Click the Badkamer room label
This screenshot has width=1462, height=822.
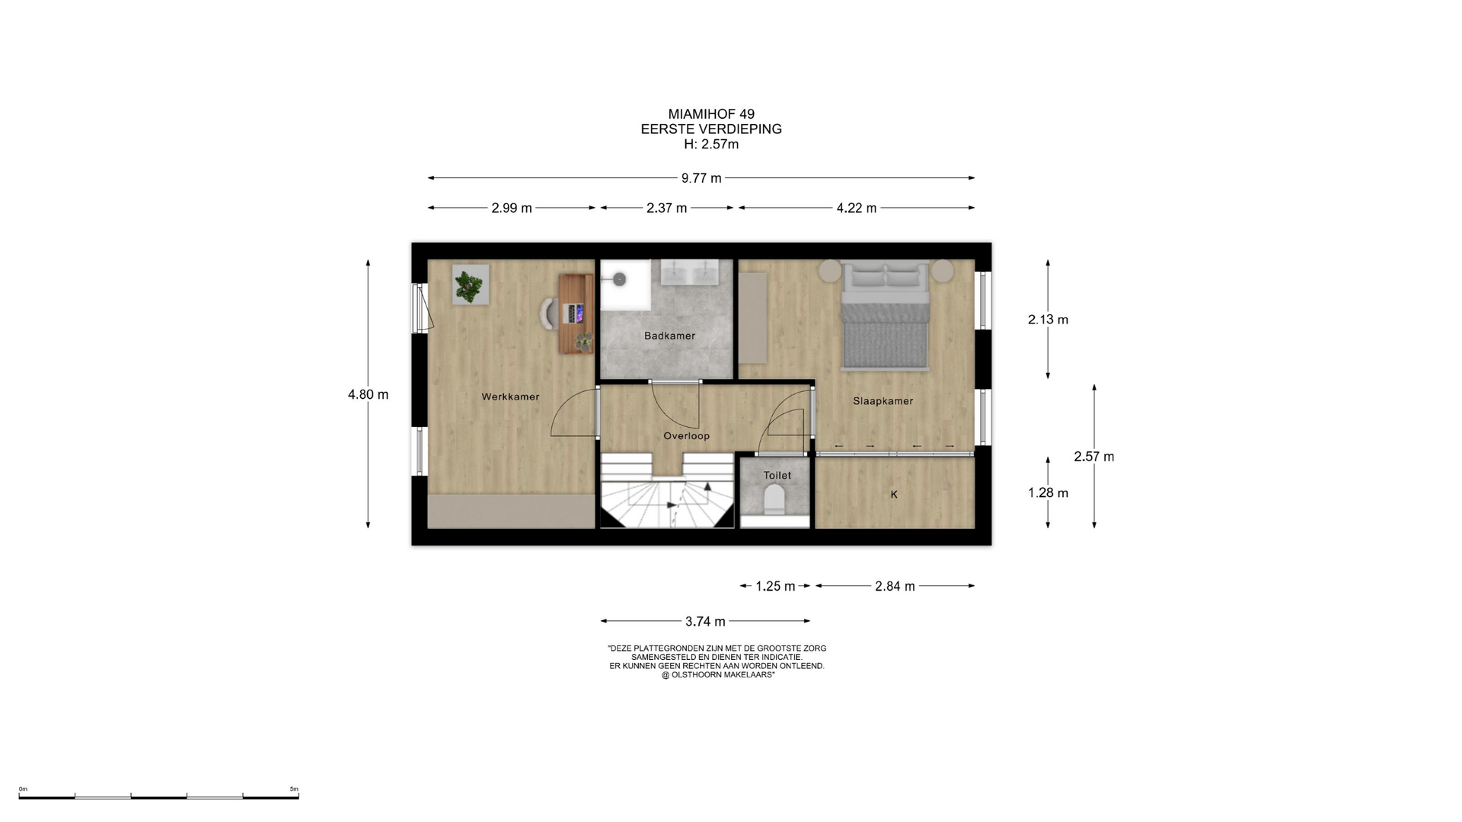(x=669, y=336)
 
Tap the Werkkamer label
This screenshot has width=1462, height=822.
(x=510, y=397)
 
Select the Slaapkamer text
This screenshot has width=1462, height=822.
(x=883, y=401)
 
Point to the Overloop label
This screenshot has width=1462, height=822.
(x=686, y=436)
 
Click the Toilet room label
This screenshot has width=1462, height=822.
(x=777, y=476)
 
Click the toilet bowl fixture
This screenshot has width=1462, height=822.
(x=774, y=500)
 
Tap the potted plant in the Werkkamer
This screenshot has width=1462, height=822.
(x=470, y=285)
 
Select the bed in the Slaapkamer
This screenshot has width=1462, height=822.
(x=886, y=315)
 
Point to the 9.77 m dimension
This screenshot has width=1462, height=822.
(x=701, y=178)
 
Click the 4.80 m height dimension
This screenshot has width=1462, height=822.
(x=368, y=394)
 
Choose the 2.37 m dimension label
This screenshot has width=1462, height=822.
(x=666, y=208)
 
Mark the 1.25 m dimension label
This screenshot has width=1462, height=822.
(x=775, y=586)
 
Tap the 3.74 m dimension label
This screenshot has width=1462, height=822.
(x=705, y=621)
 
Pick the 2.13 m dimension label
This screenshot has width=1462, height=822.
(x=1048, y=320)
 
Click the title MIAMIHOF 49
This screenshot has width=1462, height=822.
(x=711, y=114)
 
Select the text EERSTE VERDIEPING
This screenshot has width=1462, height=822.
(x=711, y=129)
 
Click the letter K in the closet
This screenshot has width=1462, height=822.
(x=894, y=495)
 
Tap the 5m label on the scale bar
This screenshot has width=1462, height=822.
(x=294, y=789)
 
